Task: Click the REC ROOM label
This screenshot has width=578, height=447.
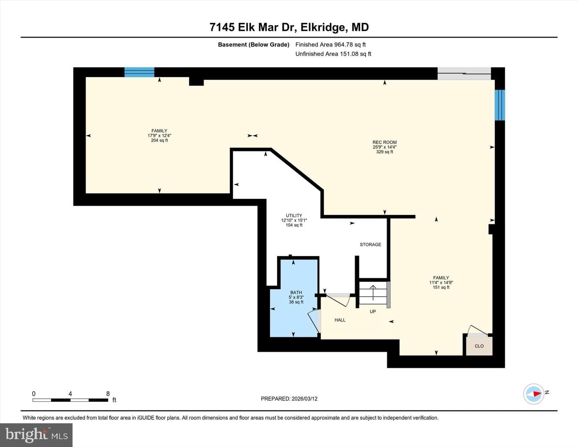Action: pos(385,142)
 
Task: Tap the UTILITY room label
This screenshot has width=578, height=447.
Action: pos(294,216)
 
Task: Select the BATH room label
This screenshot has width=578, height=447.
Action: pos(296,292)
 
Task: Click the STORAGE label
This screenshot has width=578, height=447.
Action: pos(370,245)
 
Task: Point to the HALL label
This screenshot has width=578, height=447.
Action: pos(340,320)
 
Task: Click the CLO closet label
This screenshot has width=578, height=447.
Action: pos(479,346)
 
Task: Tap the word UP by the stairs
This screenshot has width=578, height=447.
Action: pos(372,312)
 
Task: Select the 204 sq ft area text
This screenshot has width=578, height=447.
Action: pos(159,140)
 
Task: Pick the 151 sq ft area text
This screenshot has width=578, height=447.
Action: pos(441,288)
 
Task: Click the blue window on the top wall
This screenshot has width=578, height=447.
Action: pos(139,72)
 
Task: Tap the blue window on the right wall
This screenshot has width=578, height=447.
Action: pos(500,105)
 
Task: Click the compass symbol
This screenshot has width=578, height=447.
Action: pos(533,394)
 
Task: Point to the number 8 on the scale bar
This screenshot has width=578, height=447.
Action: pos(108,394)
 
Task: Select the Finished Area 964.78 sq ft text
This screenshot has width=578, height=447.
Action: pos(330,45)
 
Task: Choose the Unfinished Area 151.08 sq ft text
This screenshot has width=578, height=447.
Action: pos(333,54)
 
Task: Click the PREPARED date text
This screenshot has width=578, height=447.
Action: pos(289,399)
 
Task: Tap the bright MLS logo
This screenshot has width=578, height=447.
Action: pos(36,435)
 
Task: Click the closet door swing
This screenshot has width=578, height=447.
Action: pos(478,330)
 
